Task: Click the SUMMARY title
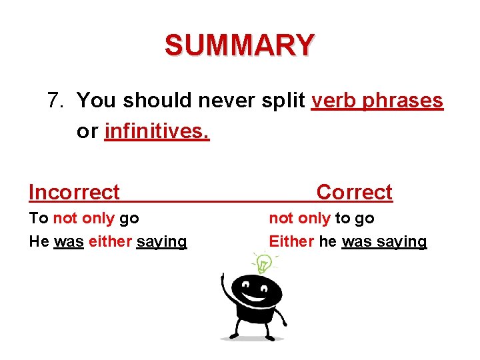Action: tap(239, 45)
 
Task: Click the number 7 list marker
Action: tap(56, 101)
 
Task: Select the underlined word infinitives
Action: tap(157, 131)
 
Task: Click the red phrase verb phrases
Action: tap(377, 101)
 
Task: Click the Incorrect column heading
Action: tap(74, 193)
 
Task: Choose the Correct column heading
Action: tap(354, 193)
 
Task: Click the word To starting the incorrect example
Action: tap(38, 218)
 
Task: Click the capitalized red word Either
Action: tap(291, 241)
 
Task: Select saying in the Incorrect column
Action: tap(161, 242)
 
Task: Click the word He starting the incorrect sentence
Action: tap(39, 241)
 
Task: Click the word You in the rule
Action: tap(96, 101)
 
